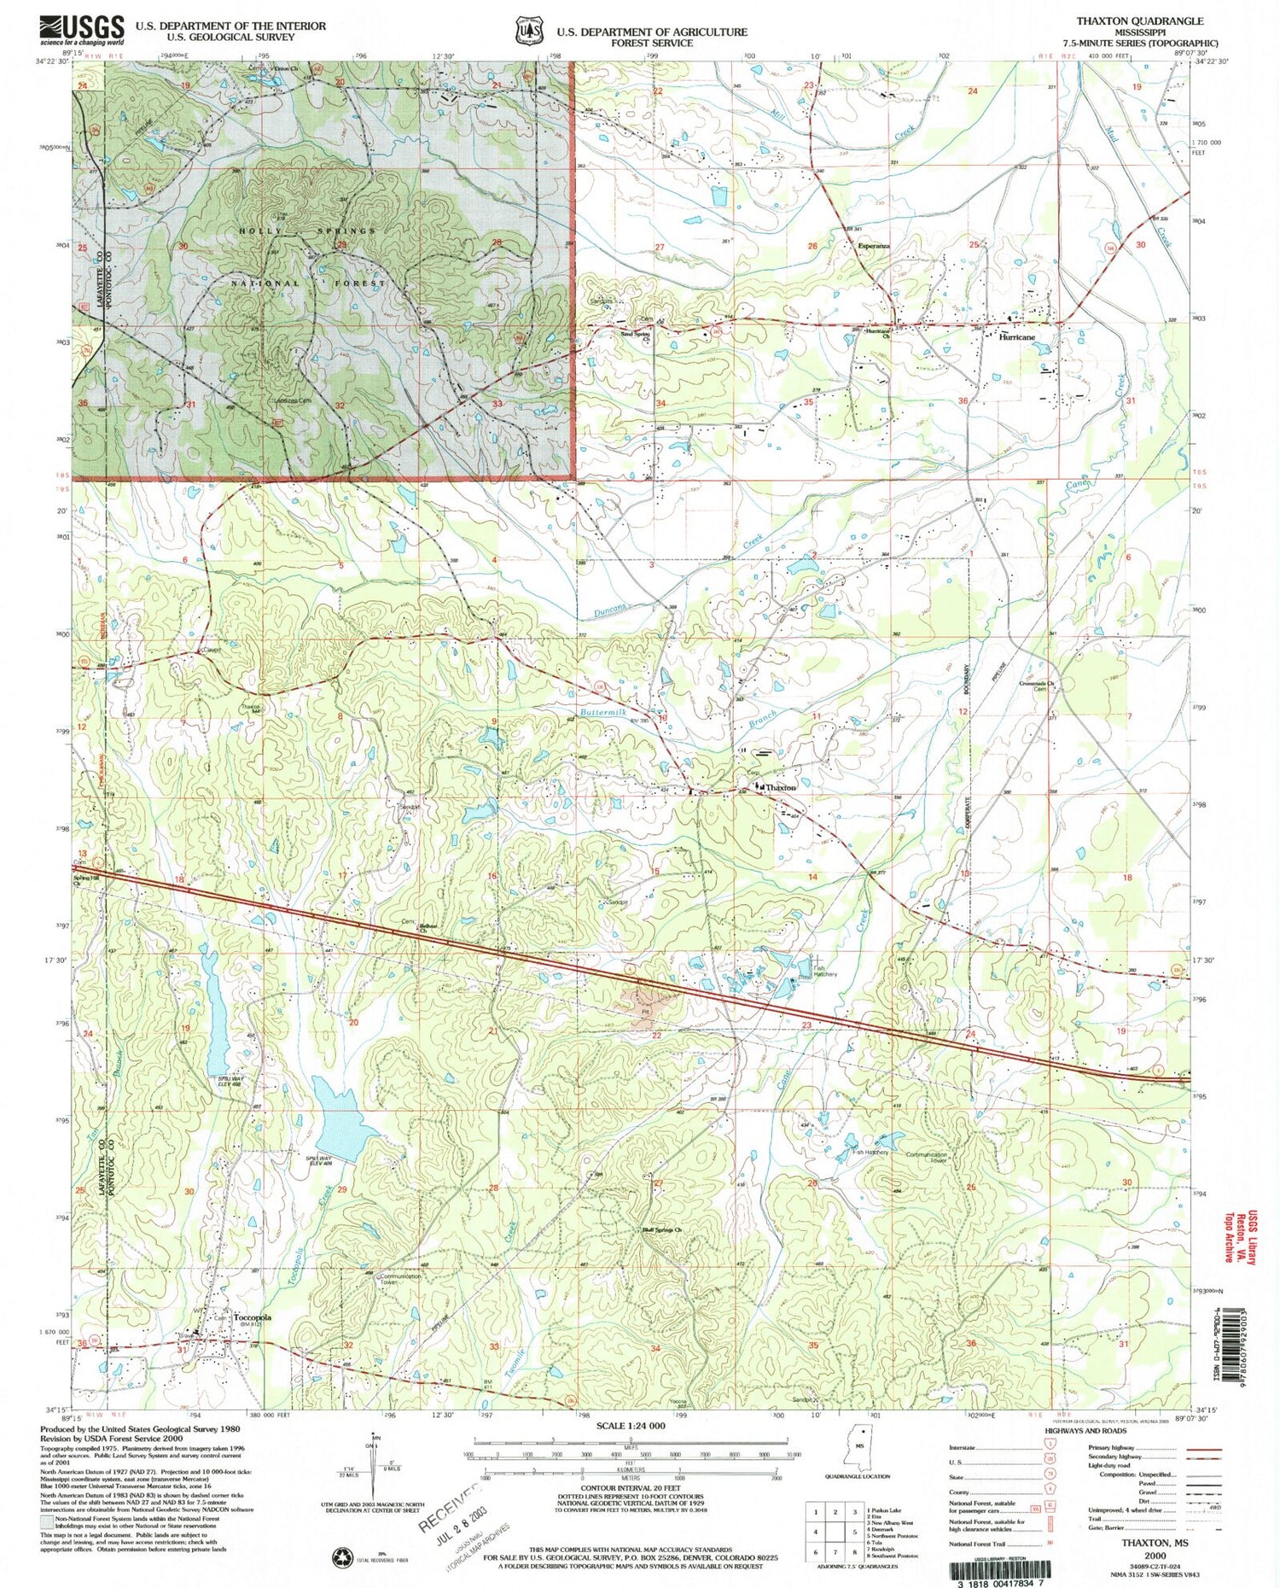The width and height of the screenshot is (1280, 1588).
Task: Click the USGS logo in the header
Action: click(x=81, y=31)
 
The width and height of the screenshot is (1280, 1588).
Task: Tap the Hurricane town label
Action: click(x=1016, y=337)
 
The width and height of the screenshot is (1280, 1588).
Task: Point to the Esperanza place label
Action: click(x=874, y=247)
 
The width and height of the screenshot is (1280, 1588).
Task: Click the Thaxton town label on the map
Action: click(x=781, y=787)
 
